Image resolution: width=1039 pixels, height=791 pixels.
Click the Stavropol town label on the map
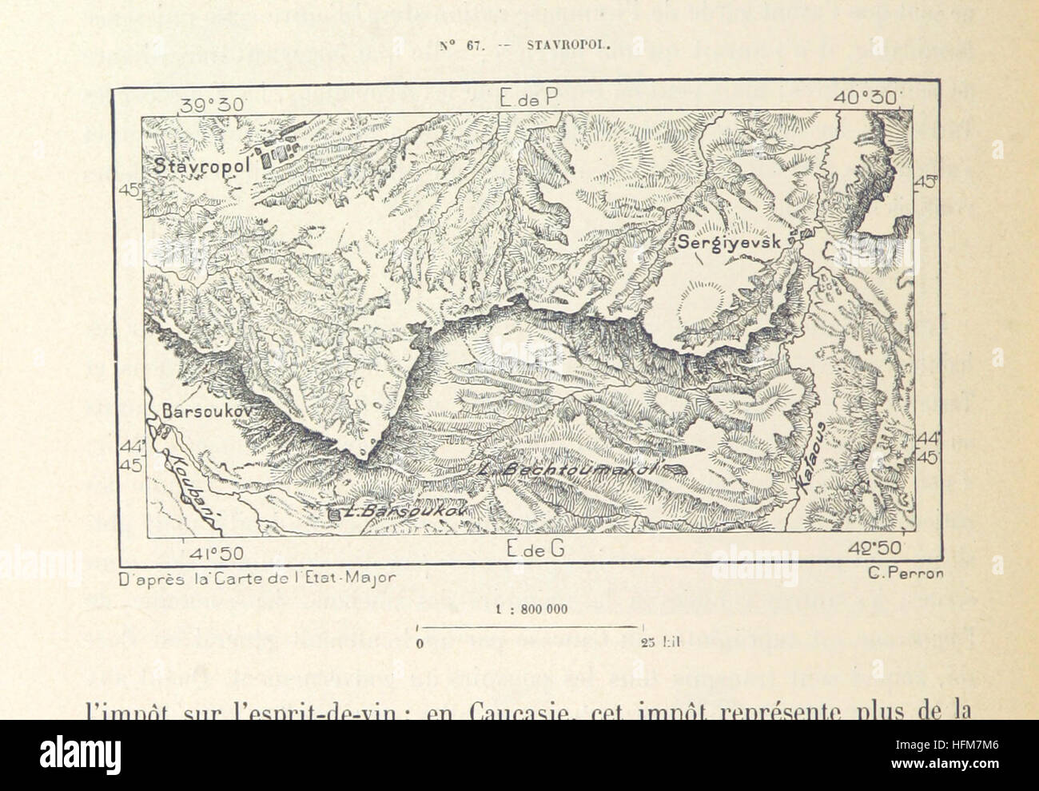point(203,165)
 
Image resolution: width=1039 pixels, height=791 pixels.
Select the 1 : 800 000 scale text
point(531,609)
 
